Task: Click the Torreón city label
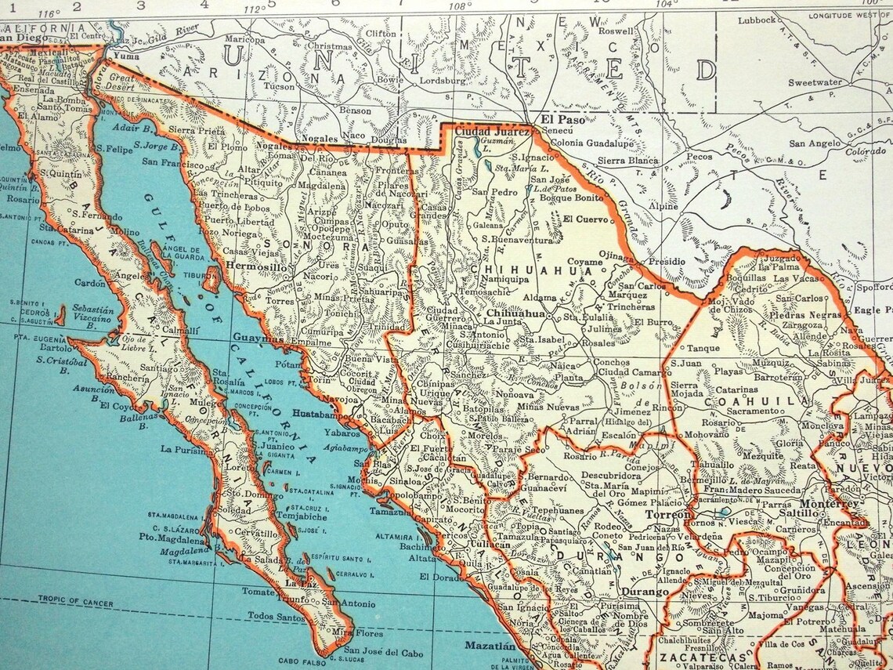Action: (x=667, y=515)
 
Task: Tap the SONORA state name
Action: (x=299, y=244)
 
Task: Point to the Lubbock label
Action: (x=757, y=20)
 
